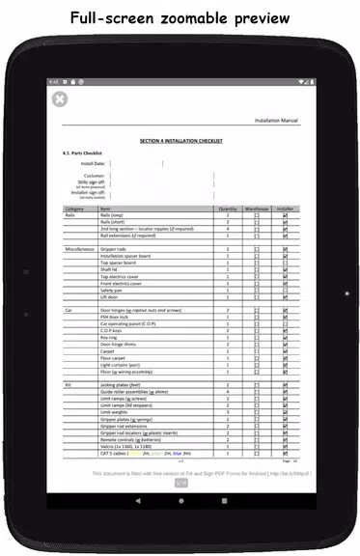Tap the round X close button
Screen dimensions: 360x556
[x=60, y=98]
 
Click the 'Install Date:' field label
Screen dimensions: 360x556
[x=93, y=164]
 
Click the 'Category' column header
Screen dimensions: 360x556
[x=74, y=208]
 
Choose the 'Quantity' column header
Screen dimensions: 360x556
[x=227, y=208]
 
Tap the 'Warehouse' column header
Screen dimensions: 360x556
[x=256, y=208]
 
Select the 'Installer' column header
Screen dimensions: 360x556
[x=286, y=208]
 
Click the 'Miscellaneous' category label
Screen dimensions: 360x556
[x=79, y=249]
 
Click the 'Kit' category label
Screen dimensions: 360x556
[x=68, y=384]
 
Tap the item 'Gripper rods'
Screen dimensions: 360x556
[x=112, y=249]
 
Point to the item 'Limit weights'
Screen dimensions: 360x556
[x=114, y=411]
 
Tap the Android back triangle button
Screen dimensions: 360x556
[x=137, y=501]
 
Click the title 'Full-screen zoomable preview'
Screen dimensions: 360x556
[x=180, y=17]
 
